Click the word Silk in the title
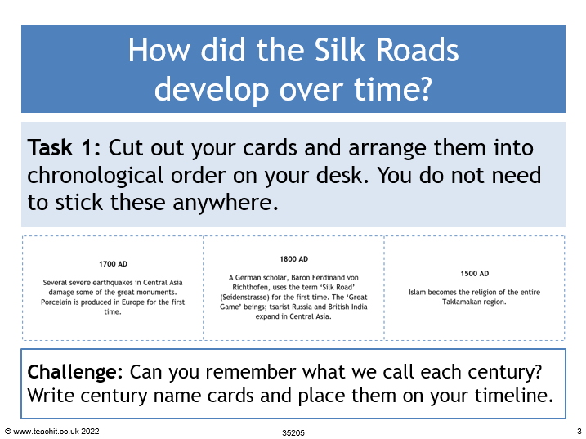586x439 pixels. click(x=341, y=50)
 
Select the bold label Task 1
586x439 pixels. click(x=64, y=147)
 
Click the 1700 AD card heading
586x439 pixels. click(x=113, y=264)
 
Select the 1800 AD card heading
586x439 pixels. click(x=293, y=259)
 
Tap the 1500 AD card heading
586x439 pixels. click(x=474, y=274)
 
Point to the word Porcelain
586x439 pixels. click(x=56, y=302)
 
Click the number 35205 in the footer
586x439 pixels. click(x=293, y=433)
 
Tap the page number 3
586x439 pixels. click(x=579, y=431)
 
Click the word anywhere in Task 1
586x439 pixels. click(x=225, y=203)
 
